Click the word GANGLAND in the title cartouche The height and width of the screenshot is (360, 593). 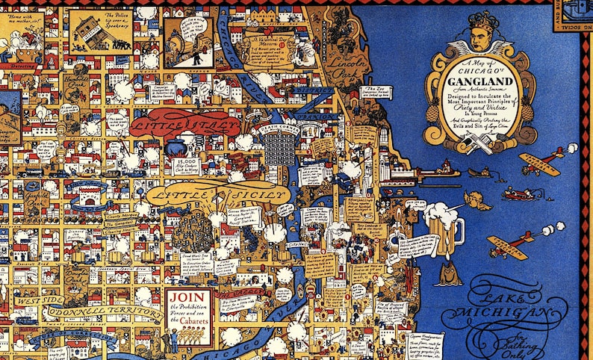coord(479,84)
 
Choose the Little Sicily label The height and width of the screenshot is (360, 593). coord(217,193)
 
